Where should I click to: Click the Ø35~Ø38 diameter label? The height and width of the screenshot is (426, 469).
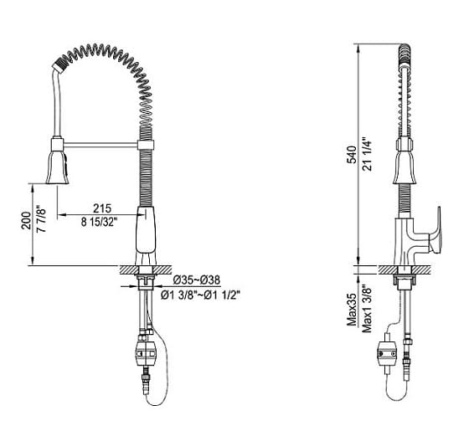pos(197,280)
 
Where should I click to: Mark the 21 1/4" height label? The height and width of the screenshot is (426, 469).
pos(367,155)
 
